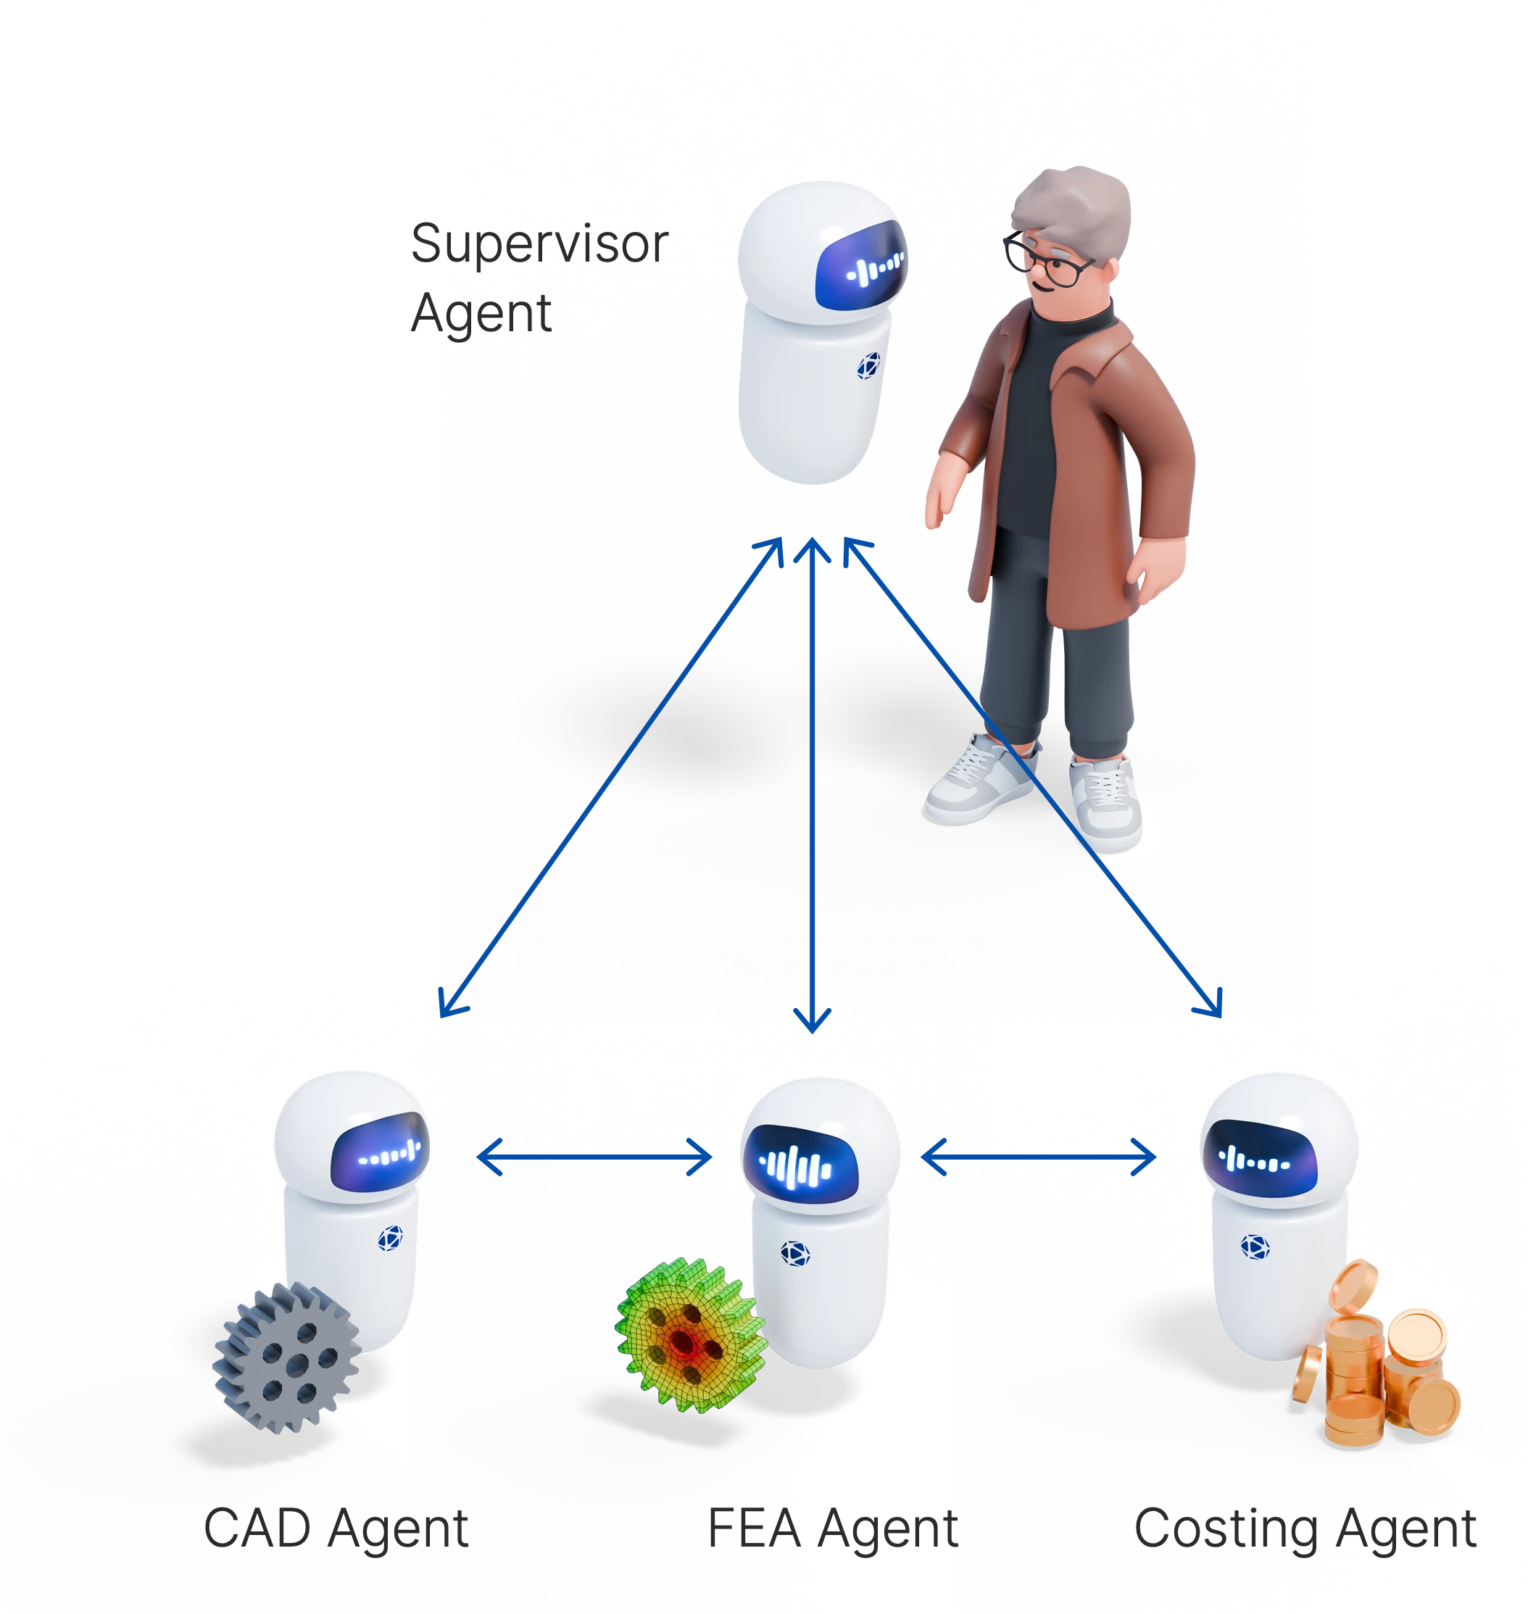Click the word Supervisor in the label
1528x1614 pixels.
point(539,244)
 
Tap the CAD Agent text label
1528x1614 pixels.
point(336,1528)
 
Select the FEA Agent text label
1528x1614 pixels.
point(831,1528)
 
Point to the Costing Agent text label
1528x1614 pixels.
point(1305,1528)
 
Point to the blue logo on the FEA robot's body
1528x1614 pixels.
point(795,1252)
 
